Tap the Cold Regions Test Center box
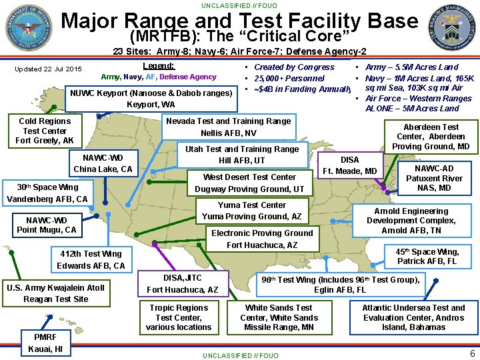45,131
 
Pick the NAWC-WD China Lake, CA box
103,163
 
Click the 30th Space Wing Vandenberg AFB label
47,193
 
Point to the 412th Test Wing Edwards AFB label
91,259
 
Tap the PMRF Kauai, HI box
45,343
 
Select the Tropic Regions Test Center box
179,317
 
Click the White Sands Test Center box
279,317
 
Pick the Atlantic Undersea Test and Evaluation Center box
413,317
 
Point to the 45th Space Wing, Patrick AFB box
427,256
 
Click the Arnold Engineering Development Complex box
411,221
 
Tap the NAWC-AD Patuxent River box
434,178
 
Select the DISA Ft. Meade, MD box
350,165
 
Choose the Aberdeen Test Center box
431,136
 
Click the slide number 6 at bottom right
471,353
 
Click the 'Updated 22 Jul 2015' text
48,69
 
